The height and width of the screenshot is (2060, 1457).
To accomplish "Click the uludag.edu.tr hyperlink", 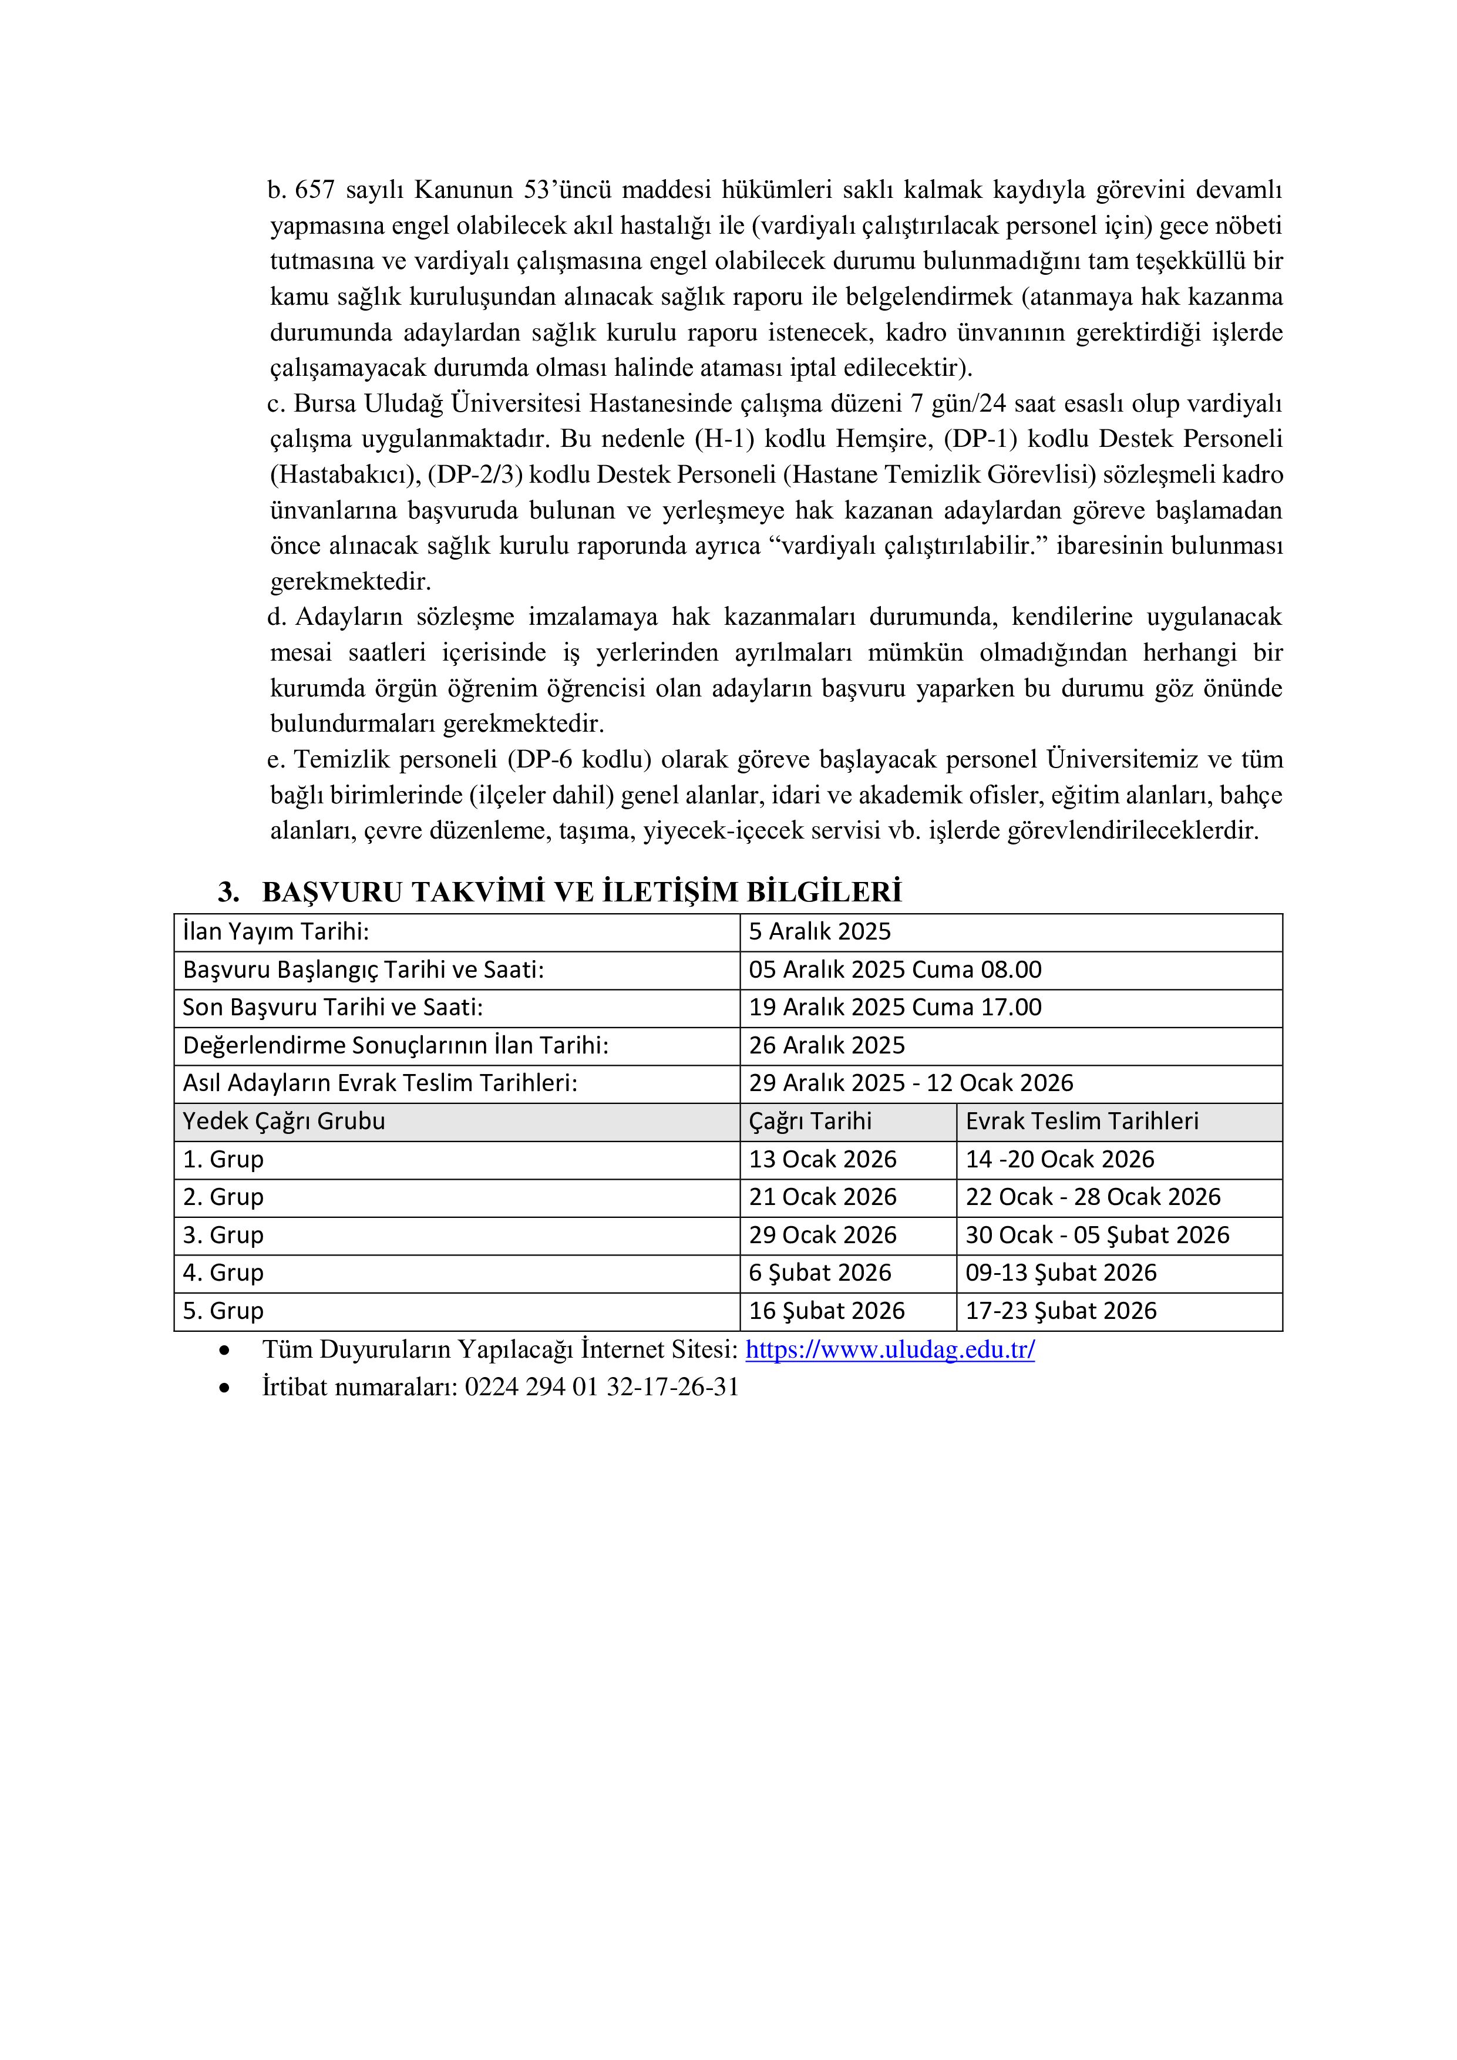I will (889, 1349).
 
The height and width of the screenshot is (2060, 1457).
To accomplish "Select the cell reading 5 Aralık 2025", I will (819, 931).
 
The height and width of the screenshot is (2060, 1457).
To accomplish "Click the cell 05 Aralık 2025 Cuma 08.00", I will (894, 970).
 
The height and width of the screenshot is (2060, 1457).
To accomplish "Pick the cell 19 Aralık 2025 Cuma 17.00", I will (894, 1008).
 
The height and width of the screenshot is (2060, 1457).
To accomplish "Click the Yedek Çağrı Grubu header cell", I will (284, 1122).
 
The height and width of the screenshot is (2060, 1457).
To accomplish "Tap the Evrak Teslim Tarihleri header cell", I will (1081, 1122).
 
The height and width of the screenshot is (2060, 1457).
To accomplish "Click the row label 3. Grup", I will (223, 1236).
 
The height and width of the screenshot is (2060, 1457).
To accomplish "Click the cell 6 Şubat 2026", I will (820, 1273).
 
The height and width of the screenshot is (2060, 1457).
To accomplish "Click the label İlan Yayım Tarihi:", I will (275, 931).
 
